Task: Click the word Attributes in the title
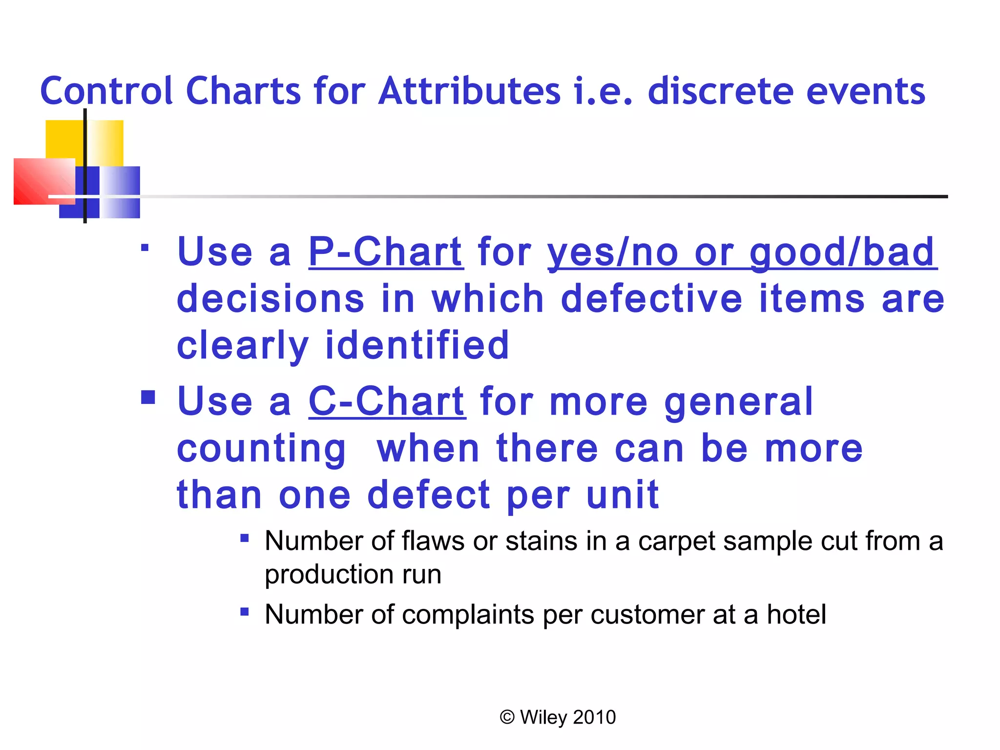pos(469,91)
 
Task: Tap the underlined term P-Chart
pos(386,252)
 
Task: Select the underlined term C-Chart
pos(387,401)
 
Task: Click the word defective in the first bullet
pos(651,299)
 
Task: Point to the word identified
pos(417,345)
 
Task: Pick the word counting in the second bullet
pos(261,448)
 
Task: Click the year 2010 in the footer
pos(594,717)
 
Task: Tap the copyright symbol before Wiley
pos(507,717)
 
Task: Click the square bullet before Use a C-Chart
pos(148,397)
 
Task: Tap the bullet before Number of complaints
pos(245,612)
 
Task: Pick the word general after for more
pos(738,401)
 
